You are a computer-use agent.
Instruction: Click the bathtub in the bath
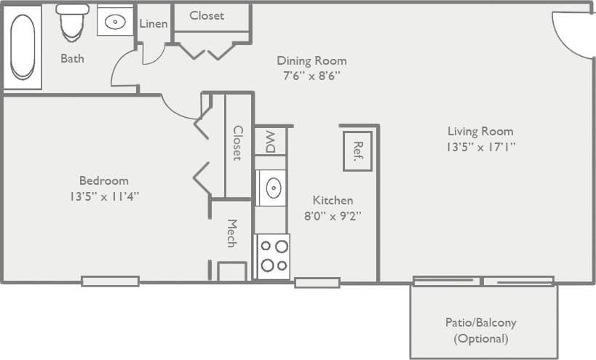click(22, 47)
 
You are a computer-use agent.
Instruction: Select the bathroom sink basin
click(115, 22)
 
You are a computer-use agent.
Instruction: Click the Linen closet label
click(154, 24)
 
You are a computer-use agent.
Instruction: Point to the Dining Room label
click(311, 61)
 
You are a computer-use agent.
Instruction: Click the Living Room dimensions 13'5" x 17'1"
click(480, 147)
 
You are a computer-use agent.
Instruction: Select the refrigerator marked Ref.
click(357, 151)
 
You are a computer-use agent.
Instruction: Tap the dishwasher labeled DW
click(271, 140)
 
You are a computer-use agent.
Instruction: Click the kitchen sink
click(273, 188)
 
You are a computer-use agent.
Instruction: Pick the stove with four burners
click(273, 256)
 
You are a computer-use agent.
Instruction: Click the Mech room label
click(232, 233)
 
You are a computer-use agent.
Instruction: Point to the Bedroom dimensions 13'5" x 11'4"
click(103, 196)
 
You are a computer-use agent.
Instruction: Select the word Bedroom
click(103, 180)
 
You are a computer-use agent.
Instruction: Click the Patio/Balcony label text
click(480, 323)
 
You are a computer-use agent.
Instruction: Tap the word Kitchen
click(333, 200)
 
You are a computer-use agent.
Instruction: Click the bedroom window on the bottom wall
click(110, 281)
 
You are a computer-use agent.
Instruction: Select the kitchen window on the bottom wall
click(317, 283)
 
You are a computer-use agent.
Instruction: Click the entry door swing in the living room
click(571, 35)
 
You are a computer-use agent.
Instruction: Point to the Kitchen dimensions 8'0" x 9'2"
click(333, 215)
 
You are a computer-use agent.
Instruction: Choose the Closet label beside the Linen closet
click(207, 15)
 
